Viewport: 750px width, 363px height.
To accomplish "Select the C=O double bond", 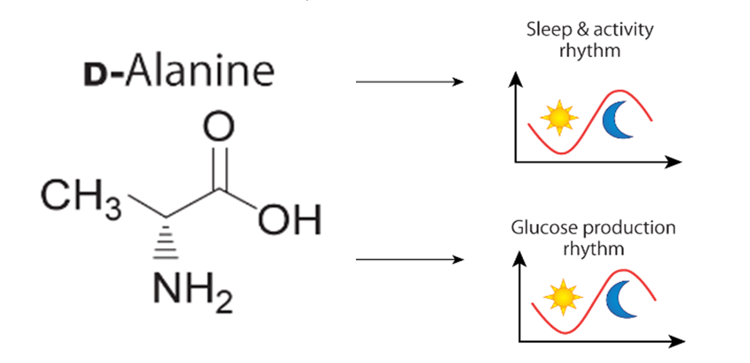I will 219,167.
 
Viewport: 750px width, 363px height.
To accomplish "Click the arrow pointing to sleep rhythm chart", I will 410,82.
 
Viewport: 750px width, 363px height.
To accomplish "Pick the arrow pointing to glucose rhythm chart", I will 410,260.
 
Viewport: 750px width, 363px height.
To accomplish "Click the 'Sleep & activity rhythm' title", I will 590,39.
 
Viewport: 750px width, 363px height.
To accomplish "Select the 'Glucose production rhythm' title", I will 593,238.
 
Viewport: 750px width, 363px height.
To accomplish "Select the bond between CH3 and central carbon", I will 147,208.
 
